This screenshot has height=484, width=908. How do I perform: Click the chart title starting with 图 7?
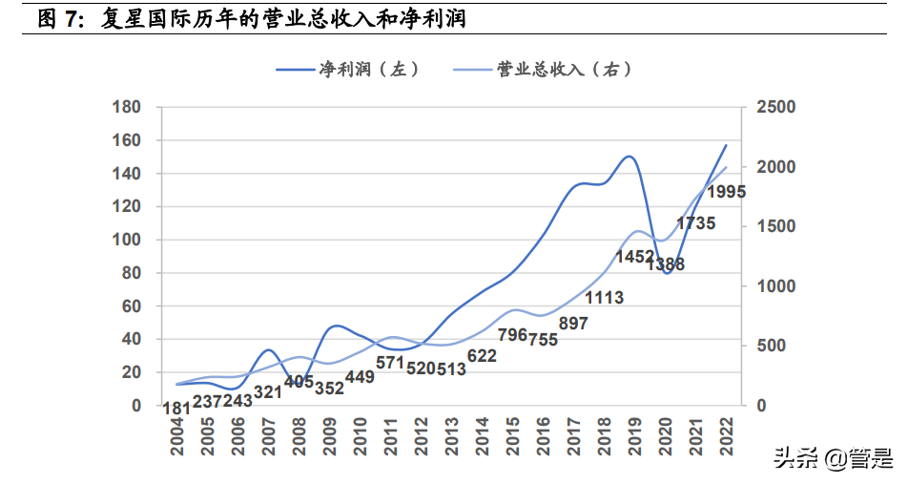coord(253,18)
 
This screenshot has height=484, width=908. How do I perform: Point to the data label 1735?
coord(695,223)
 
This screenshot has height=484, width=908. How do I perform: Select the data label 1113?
coord(604,298)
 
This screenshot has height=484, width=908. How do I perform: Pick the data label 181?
coord(177,410)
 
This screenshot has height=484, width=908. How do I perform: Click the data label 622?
coord(483,356)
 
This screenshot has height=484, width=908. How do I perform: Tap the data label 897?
coord(573,324)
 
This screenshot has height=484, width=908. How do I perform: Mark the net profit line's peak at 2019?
coord(629,157)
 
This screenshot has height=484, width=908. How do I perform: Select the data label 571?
coord(391,363)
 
